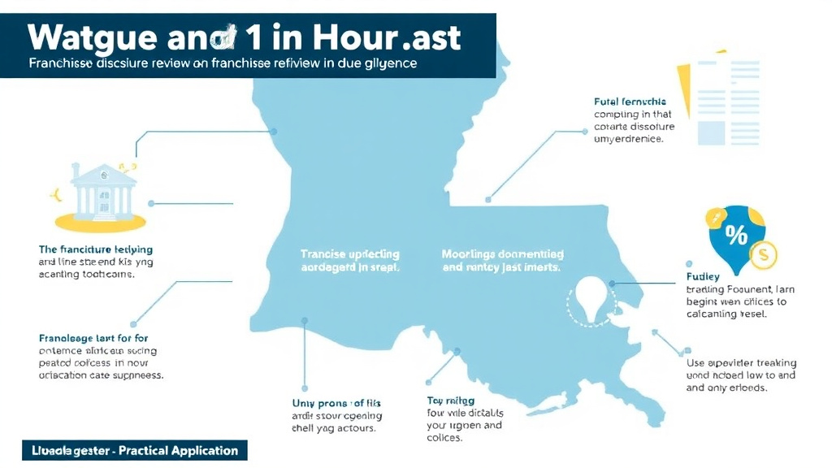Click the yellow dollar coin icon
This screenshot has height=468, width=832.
click(764, 256)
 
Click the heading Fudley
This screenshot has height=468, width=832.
click(703, 276)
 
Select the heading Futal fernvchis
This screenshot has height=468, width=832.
click(630, 102)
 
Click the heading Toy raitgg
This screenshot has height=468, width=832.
click(451, 401)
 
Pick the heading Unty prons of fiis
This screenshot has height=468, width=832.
click(336, 403)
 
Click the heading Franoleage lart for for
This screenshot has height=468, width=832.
click(93, 337)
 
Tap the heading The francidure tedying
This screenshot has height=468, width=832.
click(95, 249)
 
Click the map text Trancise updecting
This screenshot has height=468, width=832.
click(350, 253)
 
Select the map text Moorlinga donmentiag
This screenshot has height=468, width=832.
click(502, 253)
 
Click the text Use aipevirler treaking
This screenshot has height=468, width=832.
click(741, 362)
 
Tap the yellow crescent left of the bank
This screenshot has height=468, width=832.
click(56, 193)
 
